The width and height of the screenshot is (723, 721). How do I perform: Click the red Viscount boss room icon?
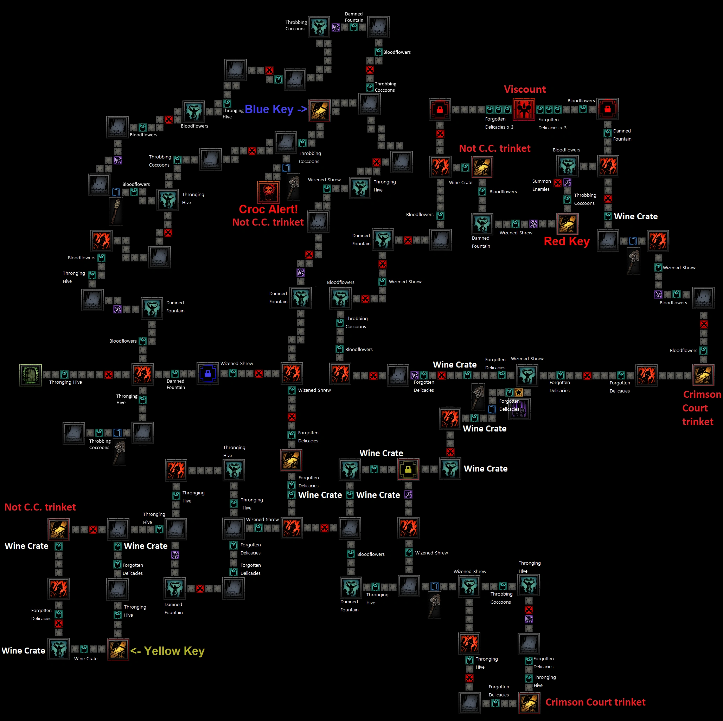point(524,109)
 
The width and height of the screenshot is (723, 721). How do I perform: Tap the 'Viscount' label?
point(525,89)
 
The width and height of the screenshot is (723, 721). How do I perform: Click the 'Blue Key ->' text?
point(276,109)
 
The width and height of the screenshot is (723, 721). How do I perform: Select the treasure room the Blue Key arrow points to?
point(320,110)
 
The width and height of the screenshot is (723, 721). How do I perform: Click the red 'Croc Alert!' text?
point(268,209)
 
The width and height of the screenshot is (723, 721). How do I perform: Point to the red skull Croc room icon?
point(268,192)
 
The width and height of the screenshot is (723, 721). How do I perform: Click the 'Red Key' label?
point(566,241)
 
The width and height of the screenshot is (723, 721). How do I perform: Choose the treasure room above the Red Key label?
point(567,223)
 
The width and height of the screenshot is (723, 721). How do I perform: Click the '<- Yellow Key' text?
point(167,651)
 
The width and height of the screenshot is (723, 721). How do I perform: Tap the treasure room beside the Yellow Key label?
point(118,649)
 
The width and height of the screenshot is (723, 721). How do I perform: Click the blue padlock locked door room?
point(208,373)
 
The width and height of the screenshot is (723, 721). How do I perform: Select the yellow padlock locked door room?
point(408,469)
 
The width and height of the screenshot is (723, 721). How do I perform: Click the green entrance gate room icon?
point(30,375)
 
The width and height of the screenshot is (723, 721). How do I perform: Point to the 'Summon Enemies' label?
point(541,185)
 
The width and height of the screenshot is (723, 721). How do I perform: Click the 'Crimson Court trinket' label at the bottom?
point(595,702)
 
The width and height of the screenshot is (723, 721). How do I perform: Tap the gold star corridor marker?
point(518,392)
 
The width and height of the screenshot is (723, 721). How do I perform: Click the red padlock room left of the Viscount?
point(440,109)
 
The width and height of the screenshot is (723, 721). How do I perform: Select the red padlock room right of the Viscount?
point(607,109)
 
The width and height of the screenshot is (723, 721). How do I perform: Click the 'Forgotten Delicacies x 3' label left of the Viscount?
point(499,123)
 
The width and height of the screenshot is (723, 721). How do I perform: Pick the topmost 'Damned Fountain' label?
point(354,17)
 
